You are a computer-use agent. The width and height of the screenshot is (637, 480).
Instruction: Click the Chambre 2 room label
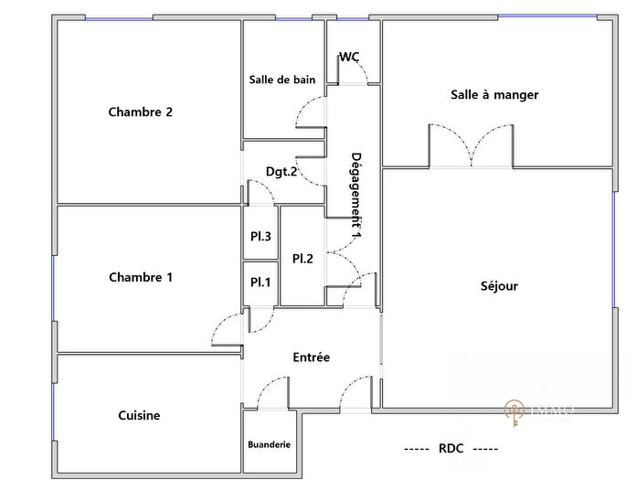[x=141, y=112]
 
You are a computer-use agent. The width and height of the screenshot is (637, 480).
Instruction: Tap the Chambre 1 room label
[x=141, y=277]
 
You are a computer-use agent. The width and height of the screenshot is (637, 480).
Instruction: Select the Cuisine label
[x=139, y=415]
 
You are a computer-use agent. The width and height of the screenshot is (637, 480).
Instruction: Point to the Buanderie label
[x=270, y=445]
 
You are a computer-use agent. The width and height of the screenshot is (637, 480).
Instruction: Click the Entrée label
[x=311, y=357]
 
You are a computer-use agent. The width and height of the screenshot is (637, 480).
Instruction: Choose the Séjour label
[x=499, y=286]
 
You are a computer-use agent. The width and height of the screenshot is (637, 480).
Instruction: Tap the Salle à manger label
[x=494, y=94]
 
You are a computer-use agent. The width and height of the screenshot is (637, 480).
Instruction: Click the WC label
[x=349, y=57]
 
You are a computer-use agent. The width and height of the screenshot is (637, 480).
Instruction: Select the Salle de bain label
[x=282, y=80]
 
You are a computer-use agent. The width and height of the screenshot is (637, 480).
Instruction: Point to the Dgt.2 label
[x=281, y=171]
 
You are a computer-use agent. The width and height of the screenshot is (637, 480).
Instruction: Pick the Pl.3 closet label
[x=260, y=236]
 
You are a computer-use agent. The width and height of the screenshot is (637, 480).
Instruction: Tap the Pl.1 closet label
[x=260, y=282]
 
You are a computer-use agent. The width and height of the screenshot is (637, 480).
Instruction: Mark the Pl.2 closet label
[x=303, y=259]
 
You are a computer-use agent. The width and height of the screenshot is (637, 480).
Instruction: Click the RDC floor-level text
[x=451, y=449]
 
